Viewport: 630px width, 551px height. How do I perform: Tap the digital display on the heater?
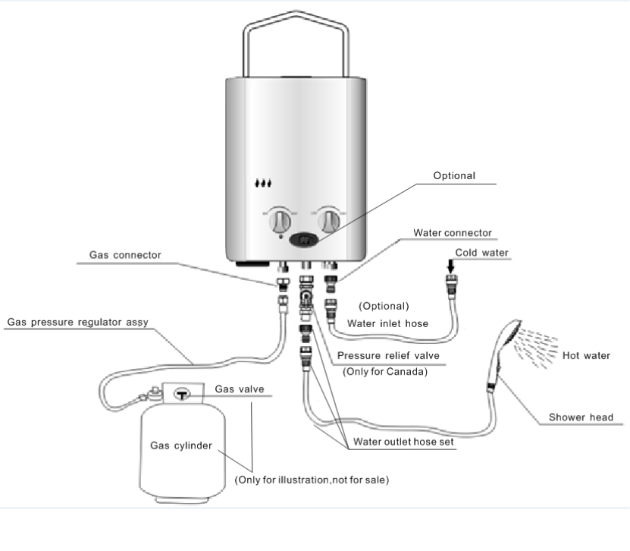pyautogui.click(x=305, y=240)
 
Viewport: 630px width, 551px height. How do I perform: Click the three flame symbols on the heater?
pyautogui.click(x=263, y=183)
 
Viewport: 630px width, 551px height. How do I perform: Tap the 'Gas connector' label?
pyautogui.click(x=125, y=256)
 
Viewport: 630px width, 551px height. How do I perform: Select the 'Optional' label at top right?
pyautogui.click(x=454, y=176)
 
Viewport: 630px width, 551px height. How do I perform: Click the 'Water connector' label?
pyautogui.click(x=453, y=232)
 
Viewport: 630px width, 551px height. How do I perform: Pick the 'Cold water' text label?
pyautogui.click(x=482, y=252)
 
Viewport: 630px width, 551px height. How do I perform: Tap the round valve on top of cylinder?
pyautogui.click(x=182, y=394)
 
